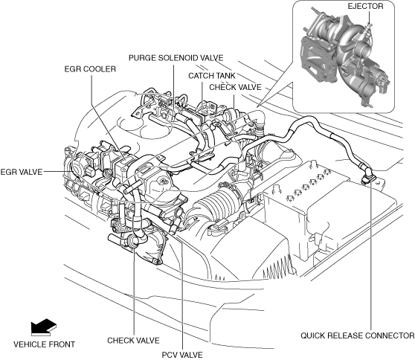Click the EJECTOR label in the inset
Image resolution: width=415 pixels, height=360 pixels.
click(365, 7)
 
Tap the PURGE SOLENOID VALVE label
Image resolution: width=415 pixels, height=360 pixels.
click(176, 58)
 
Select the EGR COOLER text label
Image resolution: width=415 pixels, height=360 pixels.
click(90, 69)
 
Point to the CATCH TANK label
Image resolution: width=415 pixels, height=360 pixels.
click(211, 76)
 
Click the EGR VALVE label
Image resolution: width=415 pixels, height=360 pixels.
click(22, 172)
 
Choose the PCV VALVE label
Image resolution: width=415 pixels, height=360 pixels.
click(182, 355)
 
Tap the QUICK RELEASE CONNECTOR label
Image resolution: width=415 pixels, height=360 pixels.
click(357, 335)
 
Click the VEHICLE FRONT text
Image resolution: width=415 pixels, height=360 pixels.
click(44, 344)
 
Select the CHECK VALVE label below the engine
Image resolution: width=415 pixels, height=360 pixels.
click(133, 341)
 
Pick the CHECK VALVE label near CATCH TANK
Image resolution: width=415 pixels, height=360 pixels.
click(235, 87)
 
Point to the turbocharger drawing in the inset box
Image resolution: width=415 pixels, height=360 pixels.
click(344, 57)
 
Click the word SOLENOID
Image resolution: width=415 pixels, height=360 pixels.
click(177, 58)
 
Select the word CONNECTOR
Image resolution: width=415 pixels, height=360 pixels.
click(390, 335)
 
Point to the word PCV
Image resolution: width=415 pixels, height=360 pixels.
click(169, 355)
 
